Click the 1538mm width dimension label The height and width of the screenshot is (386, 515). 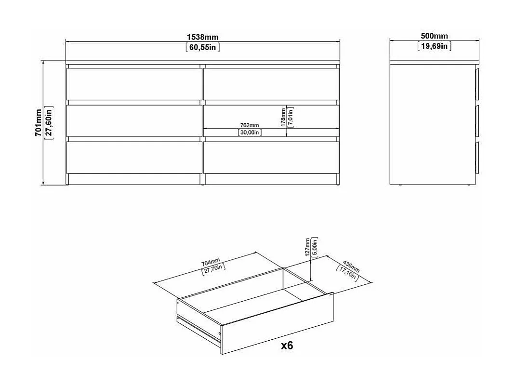(203, 37)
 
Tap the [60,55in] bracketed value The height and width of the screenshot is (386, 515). (203, 47)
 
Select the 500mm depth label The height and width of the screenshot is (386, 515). (434, 36)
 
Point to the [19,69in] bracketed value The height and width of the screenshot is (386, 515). (434, 46)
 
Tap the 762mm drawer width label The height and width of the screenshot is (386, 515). (250, 125)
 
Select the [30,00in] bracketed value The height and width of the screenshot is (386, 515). (250, 133)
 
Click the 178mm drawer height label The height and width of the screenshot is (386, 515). (283, 117)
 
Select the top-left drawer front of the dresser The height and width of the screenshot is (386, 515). (133, 84)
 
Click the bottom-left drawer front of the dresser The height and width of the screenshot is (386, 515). (133, 157)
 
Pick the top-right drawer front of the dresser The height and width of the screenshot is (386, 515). (270, 84)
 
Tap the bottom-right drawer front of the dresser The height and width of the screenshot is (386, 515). (270, 157)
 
